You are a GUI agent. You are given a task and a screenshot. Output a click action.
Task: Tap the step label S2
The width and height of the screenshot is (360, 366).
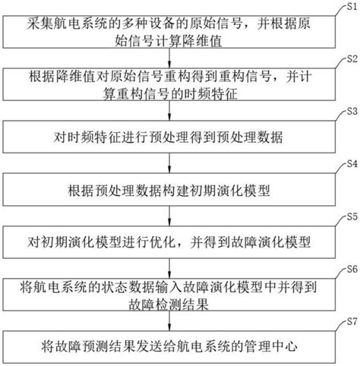coord(351,58)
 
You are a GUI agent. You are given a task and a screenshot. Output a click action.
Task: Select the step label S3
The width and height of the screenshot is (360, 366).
coord(351,111)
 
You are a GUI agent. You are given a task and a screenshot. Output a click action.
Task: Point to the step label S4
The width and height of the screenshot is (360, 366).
coord(351,163)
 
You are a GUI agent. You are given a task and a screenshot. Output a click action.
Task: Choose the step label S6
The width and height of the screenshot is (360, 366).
coord(351,269)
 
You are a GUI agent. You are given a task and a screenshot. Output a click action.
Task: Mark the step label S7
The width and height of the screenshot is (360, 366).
coord(351,322)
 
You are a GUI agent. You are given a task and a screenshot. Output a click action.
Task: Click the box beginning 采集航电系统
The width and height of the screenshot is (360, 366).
coord(174,30)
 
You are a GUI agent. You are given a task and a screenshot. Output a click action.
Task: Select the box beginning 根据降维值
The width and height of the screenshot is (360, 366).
coord(174,83)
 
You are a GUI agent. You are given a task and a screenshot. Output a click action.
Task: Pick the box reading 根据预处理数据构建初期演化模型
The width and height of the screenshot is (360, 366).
coord(174,188)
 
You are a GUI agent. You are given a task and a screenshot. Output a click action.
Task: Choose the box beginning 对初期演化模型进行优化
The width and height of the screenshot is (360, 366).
coord(174,241)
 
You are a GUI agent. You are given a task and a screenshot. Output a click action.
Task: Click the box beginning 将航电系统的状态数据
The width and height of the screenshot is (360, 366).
coord(174,294)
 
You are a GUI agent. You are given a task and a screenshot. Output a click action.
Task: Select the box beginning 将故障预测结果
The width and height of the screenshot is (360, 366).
coord(174,346)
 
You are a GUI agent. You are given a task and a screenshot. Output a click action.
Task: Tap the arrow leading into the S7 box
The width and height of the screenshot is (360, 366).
coord(174,320)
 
